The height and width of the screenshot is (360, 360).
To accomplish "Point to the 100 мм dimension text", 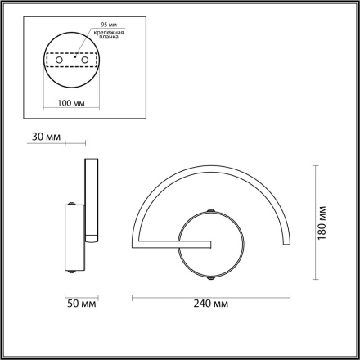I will click(72, 102).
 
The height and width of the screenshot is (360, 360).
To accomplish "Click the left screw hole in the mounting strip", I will click(59, 61).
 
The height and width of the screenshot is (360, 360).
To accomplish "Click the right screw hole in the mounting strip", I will click(84, 61).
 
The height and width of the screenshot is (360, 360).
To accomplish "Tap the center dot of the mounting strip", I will click(72, 59).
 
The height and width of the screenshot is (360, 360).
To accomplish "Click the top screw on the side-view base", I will click(74, 203).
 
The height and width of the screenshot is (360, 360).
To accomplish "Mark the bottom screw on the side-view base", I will click(74, 271).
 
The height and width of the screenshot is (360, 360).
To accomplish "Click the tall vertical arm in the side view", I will click(91, 200).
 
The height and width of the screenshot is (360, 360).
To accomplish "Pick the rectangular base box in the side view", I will click(74, 237).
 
